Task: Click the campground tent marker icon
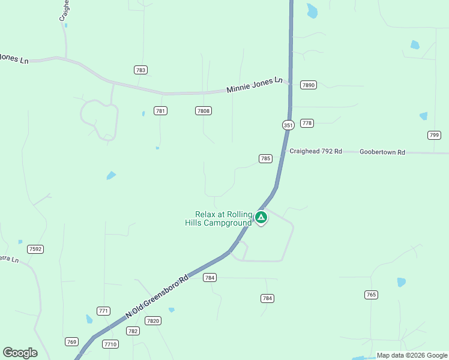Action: pos(261,217)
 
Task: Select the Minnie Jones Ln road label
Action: pos(255,85)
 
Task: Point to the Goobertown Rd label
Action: pos(382,152)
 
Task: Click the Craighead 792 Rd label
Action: pos(316,152)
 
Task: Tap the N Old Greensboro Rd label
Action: pos(157,296)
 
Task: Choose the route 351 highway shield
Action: pos(288,125)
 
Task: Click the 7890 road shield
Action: pos(309,85)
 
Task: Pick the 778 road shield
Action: pos(307,123)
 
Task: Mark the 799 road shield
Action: pos(434,135)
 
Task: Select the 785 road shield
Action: pos(265,158)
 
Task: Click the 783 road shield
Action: pos(141,70)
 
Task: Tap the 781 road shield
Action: pos(160,110)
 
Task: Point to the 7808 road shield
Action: pos(203,110)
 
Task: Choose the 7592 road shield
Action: pos(35,249)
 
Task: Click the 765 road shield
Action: pos(371,295)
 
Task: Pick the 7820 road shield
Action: pos(153,321)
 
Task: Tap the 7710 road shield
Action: pos(110,344)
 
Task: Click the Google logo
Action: pos(20,353)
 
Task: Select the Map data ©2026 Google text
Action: pos(412,356)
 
